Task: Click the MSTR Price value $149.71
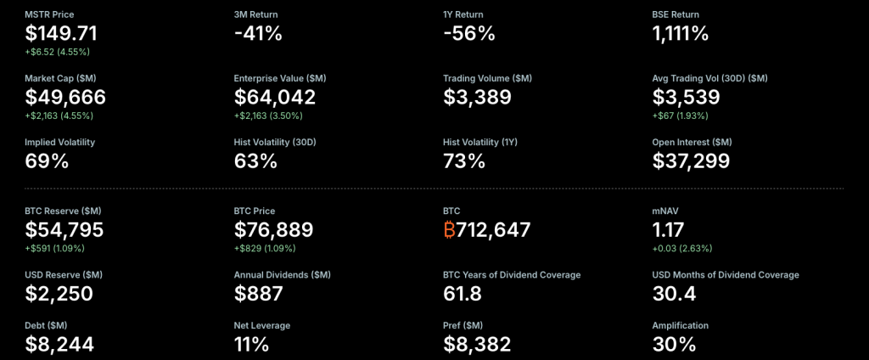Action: [x=61, y=34]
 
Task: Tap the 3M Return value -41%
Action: [x=258, y=34]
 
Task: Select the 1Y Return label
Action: [x=464, y=14]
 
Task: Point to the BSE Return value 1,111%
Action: [x=681, y=34]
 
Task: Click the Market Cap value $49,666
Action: [x=66, y=97]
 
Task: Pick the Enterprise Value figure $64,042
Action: [x=275, y=97]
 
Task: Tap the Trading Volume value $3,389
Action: [x=477, y=97]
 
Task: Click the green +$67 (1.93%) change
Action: [x=680, y=115]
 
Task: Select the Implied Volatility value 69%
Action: [x=48, y=160]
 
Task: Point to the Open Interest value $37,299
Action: [x=691, y=160]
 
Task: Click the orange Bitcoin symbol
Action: [x=449, y=229]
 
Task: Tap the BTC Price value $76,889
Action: [x=273, y=229]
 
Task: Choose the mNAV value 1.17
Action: [x=668, y=229]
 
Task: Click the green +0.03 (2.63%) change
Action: [x=681, y=248]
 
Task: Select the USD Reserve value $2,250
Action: [x=59, y=294]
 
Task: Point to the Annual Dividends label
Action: [x=282, y=275]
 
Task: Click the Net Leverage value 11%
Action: [x=251, y=344]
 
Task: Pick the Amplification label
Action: [x=680, y=325]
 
